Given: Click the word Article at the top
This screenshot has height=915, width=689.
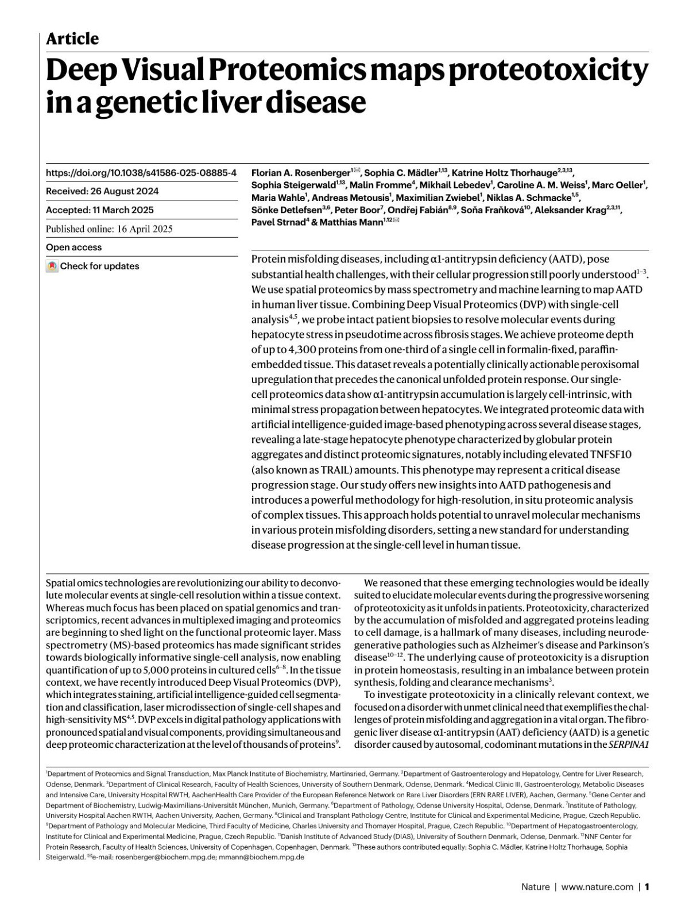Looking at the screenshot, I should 72,39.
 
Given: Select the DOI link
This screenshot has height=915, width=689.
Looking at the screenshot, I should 141,172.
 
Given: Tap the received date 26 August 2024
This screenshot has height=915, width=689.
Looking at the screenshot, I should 126,191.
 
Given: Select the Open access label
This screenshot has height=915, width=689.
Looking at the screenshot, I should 73,248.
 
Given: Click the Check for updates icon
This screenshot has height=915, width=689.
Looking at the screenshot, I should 52,267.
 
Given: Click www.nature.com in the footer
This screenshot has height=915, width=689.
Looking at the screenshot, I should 597,887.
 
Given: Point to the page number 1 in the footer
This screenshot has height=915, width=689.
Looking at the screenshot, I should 647,887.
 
